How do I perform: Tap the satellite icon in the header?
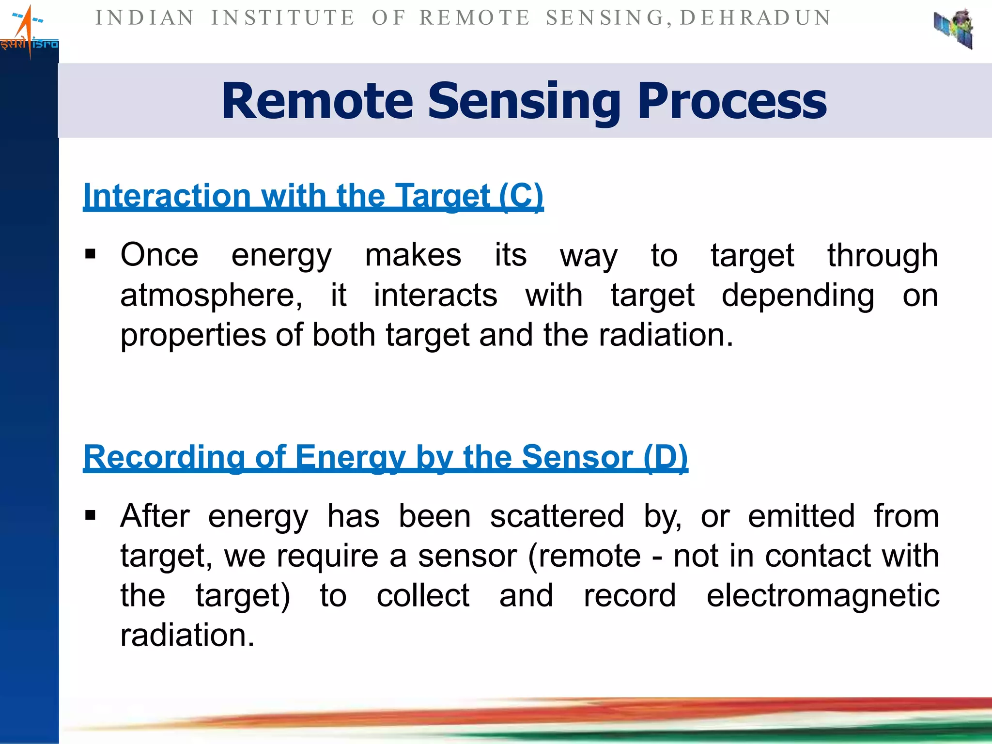954,29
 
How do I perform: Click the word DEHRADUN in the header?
756,18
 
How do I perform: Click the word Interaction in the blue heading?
167,196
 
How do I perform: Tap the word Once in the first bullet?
159,255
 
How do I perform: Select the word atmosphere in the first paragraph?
211,295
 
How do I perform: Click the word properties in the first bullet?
193,335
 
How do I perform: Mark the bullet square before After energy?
90,515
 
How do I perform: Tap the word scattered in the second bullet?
557,516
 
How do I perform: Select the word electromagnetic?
822,595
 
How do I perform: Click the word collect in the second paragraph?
423,595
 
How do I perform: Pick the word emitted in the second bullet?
801,516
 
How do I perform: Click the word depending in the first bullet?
798,295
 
